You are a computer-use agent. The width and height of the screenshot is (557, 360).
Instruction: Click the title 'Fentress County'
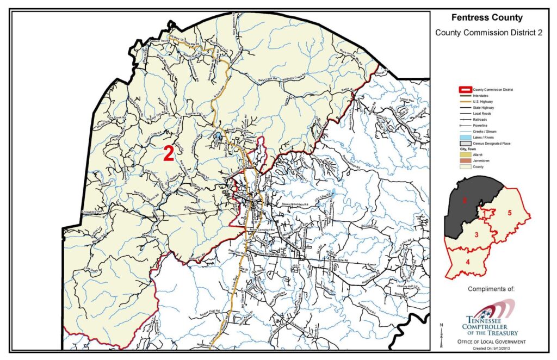pyautogui.click(x=487, y=18)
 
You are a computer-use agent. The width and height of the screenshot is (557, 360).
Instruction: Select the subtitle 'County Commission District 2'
pyautogui.click(x=489, y=33)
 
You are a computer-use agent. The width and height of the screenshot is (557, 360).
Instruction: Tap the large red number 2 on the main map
pyautogui.click(x=169, y=154)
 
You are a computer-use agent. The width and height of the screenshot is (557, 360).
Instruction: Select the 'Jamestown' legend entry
pyautogui.click(x=483, y=161)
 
